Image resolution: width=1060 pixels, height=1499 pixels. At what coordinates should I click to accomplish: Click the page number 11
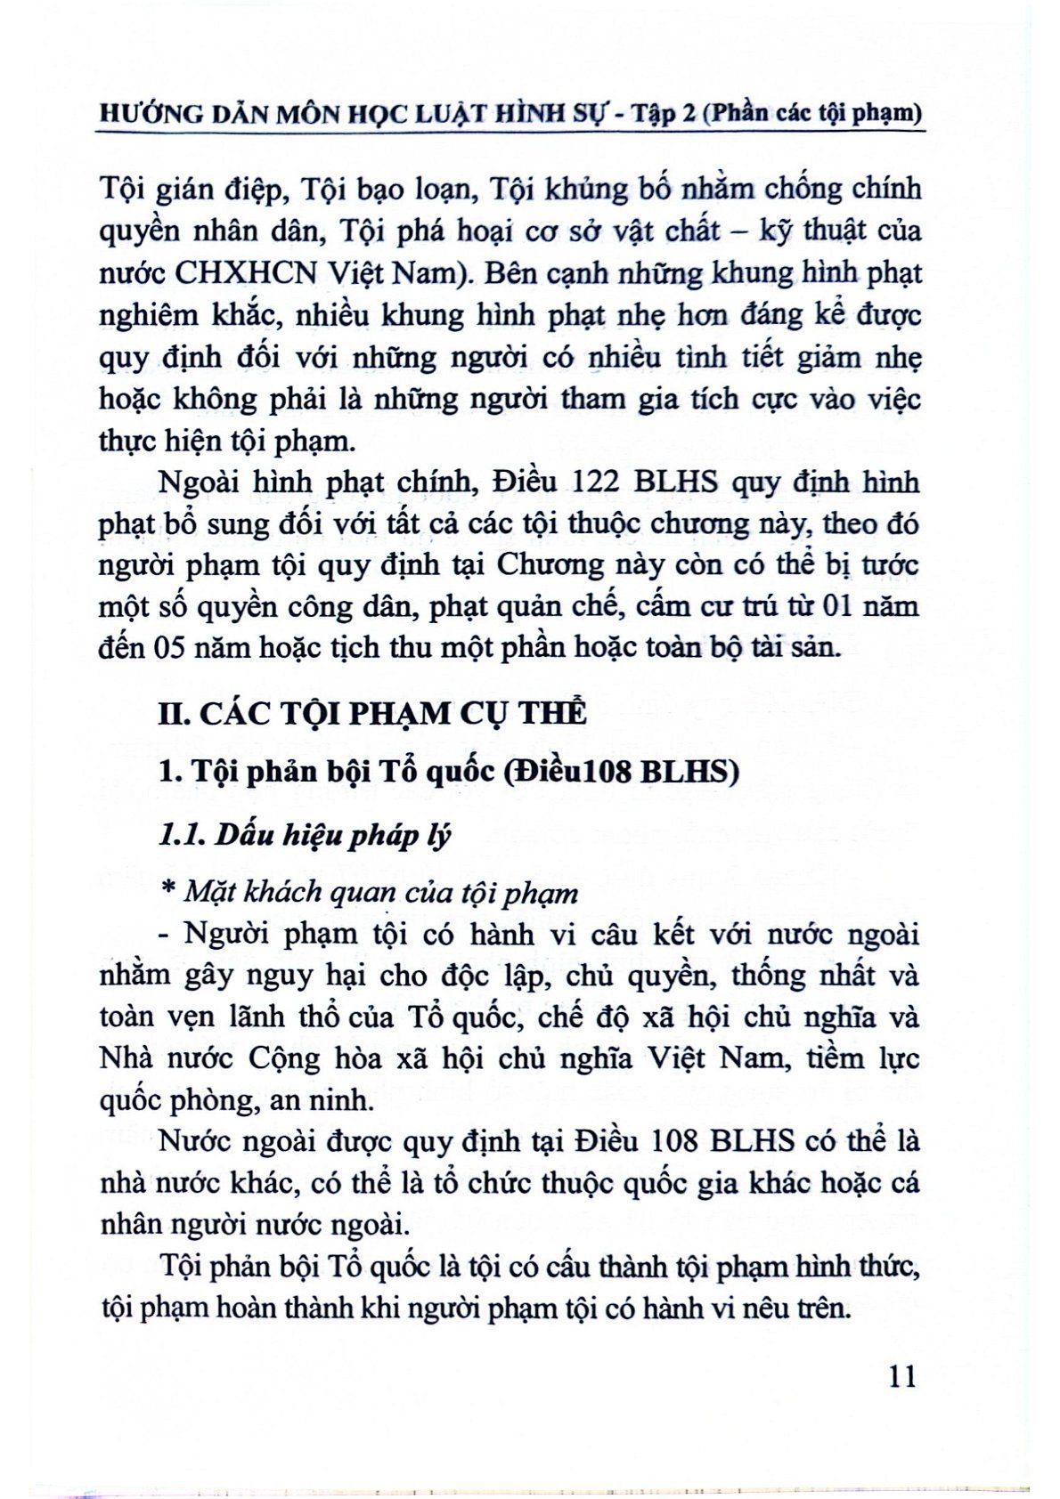(x=901, y=1376)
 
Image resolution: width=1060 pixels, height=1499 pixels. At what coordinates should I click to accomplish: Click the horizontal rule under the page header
(x=510, y=134)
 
